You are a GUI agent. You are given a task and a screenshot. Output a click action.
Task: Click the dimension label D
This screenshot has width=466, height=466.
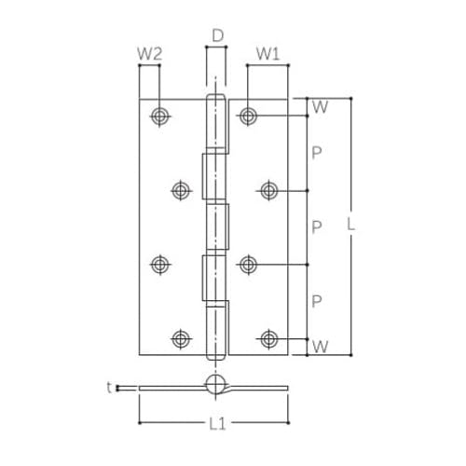click(218, 35)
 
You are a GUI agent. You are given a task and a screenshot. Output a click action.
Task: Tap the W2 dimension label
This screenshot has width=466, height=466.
click(150, 54)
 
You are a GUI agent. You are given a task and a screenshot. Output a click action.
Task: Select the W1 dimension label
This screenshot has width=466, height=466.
click(267, 54)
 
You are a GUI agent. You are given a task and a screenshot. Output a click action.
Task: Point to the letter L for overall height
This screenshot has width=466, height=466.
click(350, 224)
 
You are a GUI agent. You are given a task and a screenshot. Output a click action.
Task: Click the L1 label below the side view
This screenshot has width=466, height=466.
click(217, 423)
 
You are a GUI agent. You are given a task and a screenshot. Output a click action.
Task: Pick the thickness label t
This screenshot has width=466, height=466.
click(109, 388)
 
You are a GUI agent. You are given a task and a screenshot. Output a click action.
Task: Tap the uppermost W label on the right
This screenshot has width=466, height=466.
click(320, 107)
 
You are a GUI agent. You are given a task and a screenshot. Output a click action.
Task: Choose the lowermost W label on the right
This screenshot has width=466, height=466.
click(320, 347)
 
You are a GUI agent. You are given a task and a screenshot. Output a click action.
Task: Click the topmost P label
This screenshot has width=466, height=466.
click(317, 153)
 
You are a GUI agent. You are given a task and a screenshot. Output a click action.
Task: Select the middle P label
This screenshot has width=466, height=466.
click(317, 227)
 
